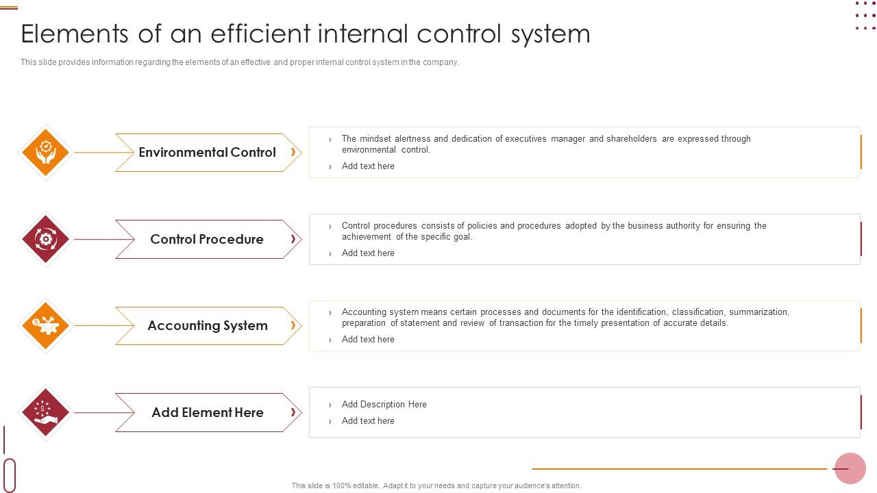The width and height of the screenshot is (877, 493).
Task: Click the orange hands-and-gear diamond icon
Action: pos(45,152)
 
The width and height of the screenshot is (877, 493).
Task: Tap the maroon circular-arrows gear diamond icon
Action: pos(45,239)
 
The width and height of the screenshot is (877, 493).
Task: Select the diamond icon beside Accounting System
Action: pos(45,325)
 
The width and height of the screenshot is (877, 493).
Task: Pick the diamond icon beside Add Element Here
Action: pos(45,412)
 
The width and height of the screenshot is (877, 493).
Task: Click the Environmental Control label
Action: pos(207,153)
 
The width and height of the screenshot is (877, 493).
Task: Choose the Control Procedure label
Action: pos(207,239)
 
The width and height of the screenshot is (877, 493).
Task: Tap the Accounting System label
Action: pos(208,326)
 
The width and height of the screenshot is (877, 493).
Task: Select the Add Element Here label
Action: pos(208,412)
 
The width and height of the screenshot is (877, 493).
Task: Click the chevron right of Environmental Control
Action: pos(293,152)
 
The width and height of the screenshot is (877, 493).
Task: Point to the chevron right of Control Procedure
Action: pos(293,239)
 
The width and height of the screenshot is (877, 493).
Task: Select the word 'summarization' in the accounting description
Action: pos(758,312)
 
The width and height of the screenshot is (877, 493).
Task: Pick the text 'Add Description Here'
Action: pos(384,405)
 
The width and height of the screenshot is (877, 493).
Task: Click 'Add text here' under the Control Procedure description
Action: pos(368,253)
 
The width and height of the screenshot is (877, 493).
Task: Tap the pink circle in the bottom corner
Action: pos(850,468)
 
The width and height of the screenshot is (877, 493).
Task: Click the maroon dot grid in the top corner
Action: pos(865,16)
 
